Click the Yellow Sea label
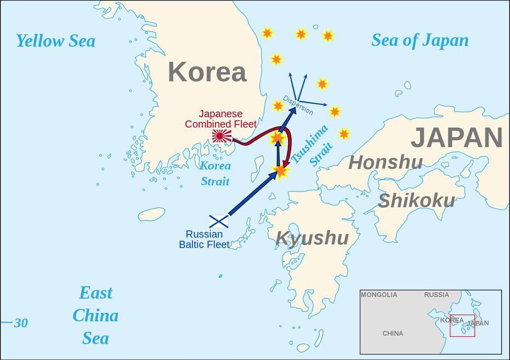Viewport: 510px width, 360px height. coord(55,41)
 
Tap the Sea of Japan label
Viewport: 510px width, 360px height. coord(420,41)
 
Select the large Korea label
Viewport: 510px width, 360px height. coord(207,72)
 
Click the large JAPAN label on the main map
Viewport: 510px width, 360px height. coord(456,138)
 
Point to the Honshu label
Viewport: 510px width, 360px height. coord(385,162)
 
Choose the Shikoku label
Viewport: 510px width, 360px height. coord(416,201)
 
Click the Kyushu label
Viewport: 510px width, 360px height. coord(311,238)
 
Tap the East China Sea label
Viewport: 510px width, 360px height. coord(96,316)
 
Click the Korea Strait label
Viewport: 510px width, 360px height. coord(215,173)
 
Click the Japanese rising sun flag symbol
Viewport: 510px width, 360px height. coord(222,136)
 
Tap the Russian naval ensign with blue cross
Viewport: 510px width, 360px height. coord(219,221)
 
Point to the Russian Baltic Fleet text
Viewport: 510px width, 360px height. coord(204,239)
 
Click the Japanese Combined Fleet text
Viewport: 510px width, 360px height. coord(220,119)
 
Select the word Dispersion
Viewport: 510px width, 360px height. coord(298,105)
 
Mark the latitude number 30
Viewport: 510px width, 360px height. coord(21,323)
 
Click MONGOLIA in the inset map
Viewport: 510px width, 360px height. coord(378,295)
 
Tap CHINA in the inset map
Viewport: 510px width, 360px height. coord(393,333)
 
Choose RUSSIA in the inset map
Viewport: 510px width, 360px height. coord(436,295)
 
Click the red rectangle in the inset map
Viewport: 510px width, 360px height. coord(462,325)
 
